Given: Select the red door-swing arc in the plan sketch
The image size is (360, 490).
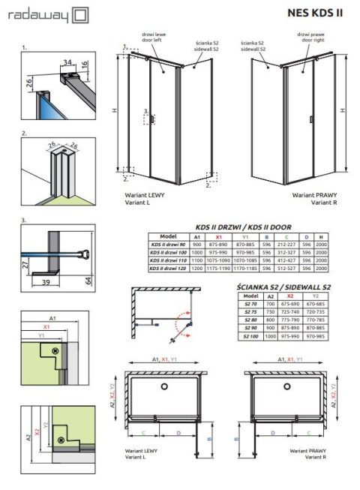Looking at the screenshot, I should (x=178, y=328).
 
